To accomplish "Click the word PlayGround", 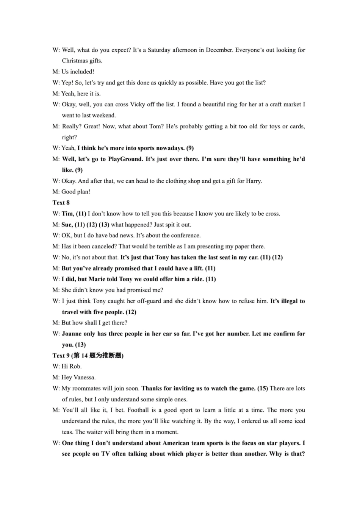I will tap(125, 159).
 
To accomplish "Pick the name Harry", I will tap(253, 181).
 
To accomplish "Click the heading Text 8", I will tap(61, 203).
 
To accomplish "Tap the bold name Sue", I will tap(67, 225).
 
